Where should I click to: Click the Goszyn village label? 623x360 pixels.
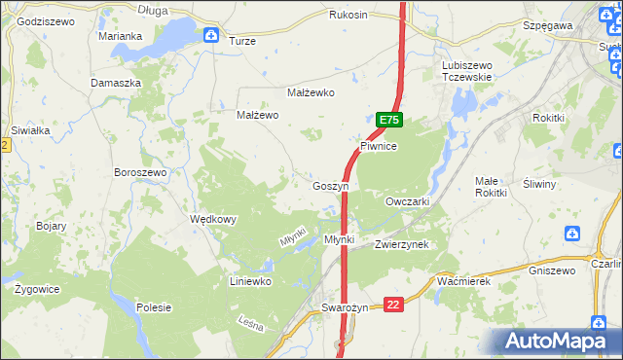pos(331,186)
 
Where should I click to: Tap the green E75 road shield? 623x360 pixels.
pos(388,120)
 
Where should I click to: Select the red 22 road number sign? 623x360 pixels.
pos(393,305)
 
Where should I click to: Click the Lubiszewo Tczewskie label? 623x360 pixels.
pos(468,71)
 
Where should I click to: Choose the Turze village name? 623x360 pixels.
pos(242,42)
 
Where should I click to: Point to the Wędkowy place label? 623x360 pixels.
pos(213,219)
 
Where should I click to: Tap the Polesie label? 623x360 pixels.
pos(154,307)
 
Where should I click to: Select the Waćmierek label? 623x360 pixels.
pos(462,280)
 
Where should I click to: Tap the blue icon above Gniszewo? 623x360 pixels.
pos(572,234)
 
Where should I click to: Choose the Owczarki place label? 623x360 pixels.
pos(408,201)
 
